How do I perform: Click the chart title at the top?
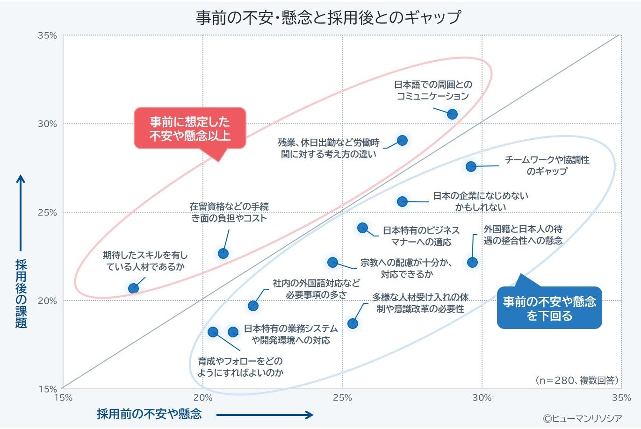pyautogui.click(x=328, y=17)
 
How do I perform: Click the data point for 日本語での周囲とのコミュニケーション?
pyautogui.click(x=452, y=114)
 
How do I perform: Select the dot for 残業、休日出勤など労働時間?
pyautogui.click(x=402, y=140)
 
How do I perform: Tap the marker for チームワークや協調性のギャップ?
pyautogui.click(x=471, y=166)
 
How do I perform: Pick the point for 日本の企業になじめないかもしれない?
pyautogui.click(x=402, y=201)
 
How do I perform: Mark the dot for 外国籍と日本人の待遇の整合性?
pyautogui.click(x=472, y=262)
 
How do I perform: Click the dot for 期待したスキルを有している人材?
pyautogui.click(x=133, y=288)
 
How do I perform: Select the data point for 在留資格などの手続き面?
pyautogui.click(x=223, y=253)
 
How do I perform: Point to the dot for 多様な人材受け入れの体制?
pyautogui.click(x=353, y=323)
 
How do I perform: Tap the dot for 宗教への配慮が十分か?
pyautogui.click(x=332, y=262)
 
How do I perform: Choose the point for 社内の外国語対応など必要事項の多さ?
pyautogui.click(x=253, y=306)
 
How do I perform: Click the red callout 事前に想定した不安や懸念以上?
pyautogui.click(x=190, y=129)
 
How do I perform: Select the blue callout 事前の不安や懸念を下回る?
pyautogui.click(x=549, y=308)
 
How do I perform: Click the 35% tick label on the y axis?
pyautogui.click(x=47, y=36)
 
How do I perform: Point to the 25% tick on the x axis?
pyautogui.click(x=342, y=398)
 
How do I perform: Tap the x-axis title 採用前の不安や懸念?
pyautogui.click(x=149, y=414)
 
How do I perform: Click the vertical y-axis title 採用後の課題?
pyautogui.click(x=21, y=293)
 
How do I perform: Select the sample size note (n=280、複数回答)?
pyautogui.click(x=576, y=380)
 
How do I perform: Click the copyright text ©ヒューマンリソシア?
pyautogui.click(x=582, y=418)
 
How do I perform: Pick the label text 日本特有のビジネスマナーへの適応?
pyautogui.click(x=421, y=236)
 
